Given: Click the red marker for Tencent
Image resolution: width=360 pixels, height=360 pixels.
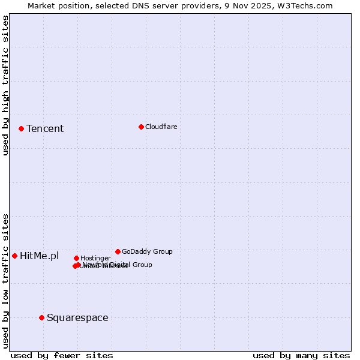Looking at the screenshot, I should pyautogui.click(x=21, y=128).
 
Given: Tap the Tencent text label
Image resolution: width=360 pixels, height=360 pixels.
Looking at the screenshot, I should pyautogui.click(x=45, y=128).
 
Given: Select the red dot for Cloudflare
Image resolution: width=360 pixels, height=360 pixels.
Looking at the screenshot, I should pyautogui.click(x=141, y=127).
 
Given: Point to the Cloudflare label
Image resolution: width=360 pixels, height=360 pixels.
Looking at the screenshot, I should pyautogui.click(x=161, y=127).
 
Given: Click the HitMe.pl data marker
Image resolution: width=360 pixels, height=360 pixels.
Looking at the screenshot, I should pyautogui.click(x=14, y=256).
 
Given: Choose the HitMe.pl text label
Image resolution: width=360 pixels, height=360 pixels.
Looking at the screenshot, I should pyautogui.click(x=40, y=256).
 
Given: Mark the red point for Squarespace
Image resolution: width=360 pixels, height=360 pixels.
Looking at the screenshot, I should pyautogui.click(x=41, y=317).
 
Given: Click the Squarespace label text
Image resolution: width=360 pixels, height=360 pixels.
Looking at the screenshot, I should pyautogui.click(x=77, y=317).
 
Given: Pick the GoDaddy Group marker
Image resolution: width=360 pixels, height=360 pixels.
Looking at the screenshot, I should pyautogui.click(x=118, y=251).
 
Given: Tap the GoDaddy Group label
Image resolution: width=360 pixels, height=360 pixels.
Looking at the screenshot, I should pyautogui.click(x=147, y=251).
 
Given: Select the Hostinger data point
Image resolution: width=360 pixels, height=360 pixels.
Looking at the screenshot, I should pyautogui.click(x=76, y=258).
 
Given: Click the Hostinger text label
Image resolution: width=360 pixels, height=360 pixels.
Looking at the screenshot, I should pyautogui.click(x=95, y=258).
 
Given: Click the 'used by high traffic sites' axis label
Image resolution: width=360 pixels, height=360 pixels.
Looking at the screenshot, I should pyautogui.click(x=5, y=85).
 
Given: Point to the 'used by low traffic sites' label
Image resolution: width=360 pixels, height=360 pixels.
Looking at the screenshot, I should pyautogui.click(x=5, y=281).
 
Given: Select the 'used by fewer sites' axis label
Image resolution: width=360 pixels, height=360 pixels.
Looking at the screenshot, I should pyautogui.click(x=62, y=355).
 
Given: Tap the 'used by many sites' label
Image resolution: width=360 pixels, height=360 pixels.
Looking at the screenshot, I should pyautogui.click(x=301, y=355).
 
